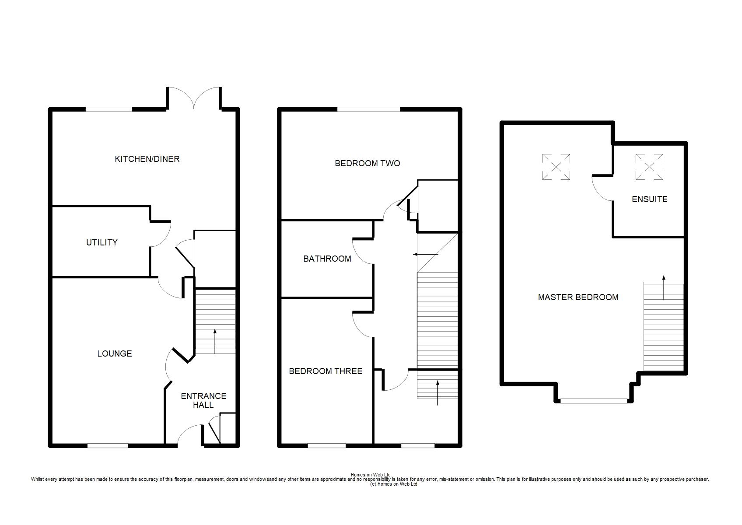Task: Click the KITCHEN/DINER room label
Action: pos(147,159)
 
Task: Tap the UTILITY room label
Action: pos(101,242)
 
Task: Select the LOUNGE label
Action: pos(115,354)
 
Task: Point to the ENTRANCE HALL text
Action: pos(203,400)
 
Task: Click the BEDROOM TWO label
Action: pos(367,163)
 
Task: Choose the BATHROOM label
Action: pos(327,259)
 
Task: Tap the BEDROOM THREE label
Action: pos(325,371)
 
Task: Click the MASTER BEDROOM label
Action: pos(578,297)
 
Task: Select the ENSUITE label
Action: pos(650,199)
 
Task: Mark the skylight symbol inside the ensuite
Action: pos(649,167)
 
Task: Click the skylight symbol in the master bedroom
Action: pos(556,167)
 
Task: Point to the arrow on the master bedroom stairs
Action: pos(664,287)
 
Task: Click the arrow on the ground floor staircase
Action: pos(215,341)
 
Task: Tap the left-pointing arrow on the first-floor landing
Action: pos(426,254)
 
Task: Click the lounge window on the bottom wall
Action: pos(108,445)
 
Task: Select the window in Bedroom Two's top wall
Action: pos(369,109)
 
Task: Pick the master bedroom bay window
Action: pos(594,401)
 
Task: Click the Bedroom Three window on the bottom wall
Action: pos(327,445)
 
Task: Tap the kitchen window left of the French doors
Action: pos(109,109)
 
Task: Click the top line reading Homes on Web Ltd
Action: pos(371,475)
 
